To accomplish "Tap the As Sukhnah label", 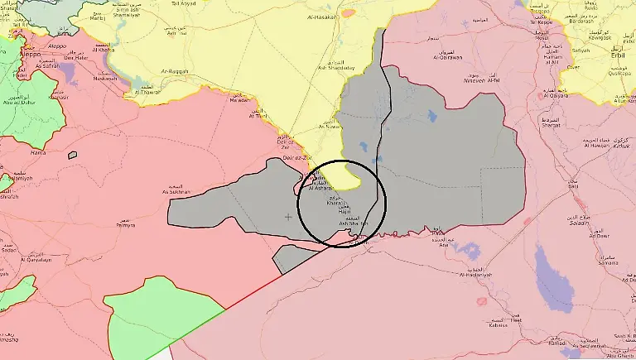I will click(x=176, y=191).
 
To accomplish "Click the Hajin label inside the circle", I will click(x=345, y=212).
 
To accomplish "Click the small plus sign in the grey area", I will click(x=287, y=218).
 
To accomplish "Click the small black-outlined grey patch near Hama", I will click(x=73, y=155).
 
